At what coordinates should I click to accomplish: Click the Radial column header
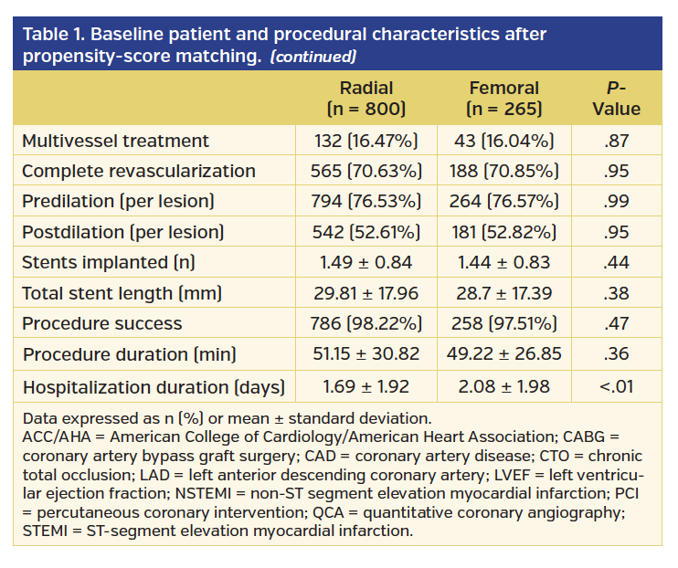(365, 99)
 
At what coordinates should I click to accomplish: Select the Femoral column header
(503, 99)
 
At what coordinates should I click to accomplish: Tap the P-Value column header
(617, 99)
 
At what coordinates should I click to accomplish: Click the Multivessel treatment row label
(115, 141)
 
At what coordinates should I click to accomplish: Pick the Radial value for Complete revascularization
(365, 171)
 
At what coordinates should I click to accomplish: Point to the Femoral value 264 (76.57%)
(503, 201)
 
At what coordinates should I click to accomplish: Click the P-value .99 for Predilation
(617, 201)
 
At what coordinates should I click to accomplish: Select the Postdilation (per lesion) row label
(122, 232)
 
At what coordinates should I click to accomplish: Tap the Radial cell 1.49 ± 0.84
(365, 263)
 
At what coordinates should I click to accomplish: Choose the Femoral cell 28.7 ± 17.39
(503, 293)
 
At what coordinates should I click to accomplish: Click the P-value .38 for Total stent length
(617, 293)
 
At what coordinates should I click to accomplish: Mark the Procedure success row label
(101, 324)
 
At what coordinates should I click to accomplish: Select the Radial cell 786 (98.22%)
(365, 324)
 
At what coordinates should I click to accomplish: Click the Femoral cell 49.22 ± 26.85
(503, 354)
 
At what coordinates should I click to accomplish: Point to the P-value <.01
(617, 385)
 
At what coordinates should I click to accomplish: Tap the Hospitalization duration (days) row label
(154, 385)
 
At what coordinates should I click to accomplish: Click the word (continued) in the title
(313, 57)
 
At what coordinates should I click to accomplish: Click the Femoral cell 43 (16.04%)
(503, 141)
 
